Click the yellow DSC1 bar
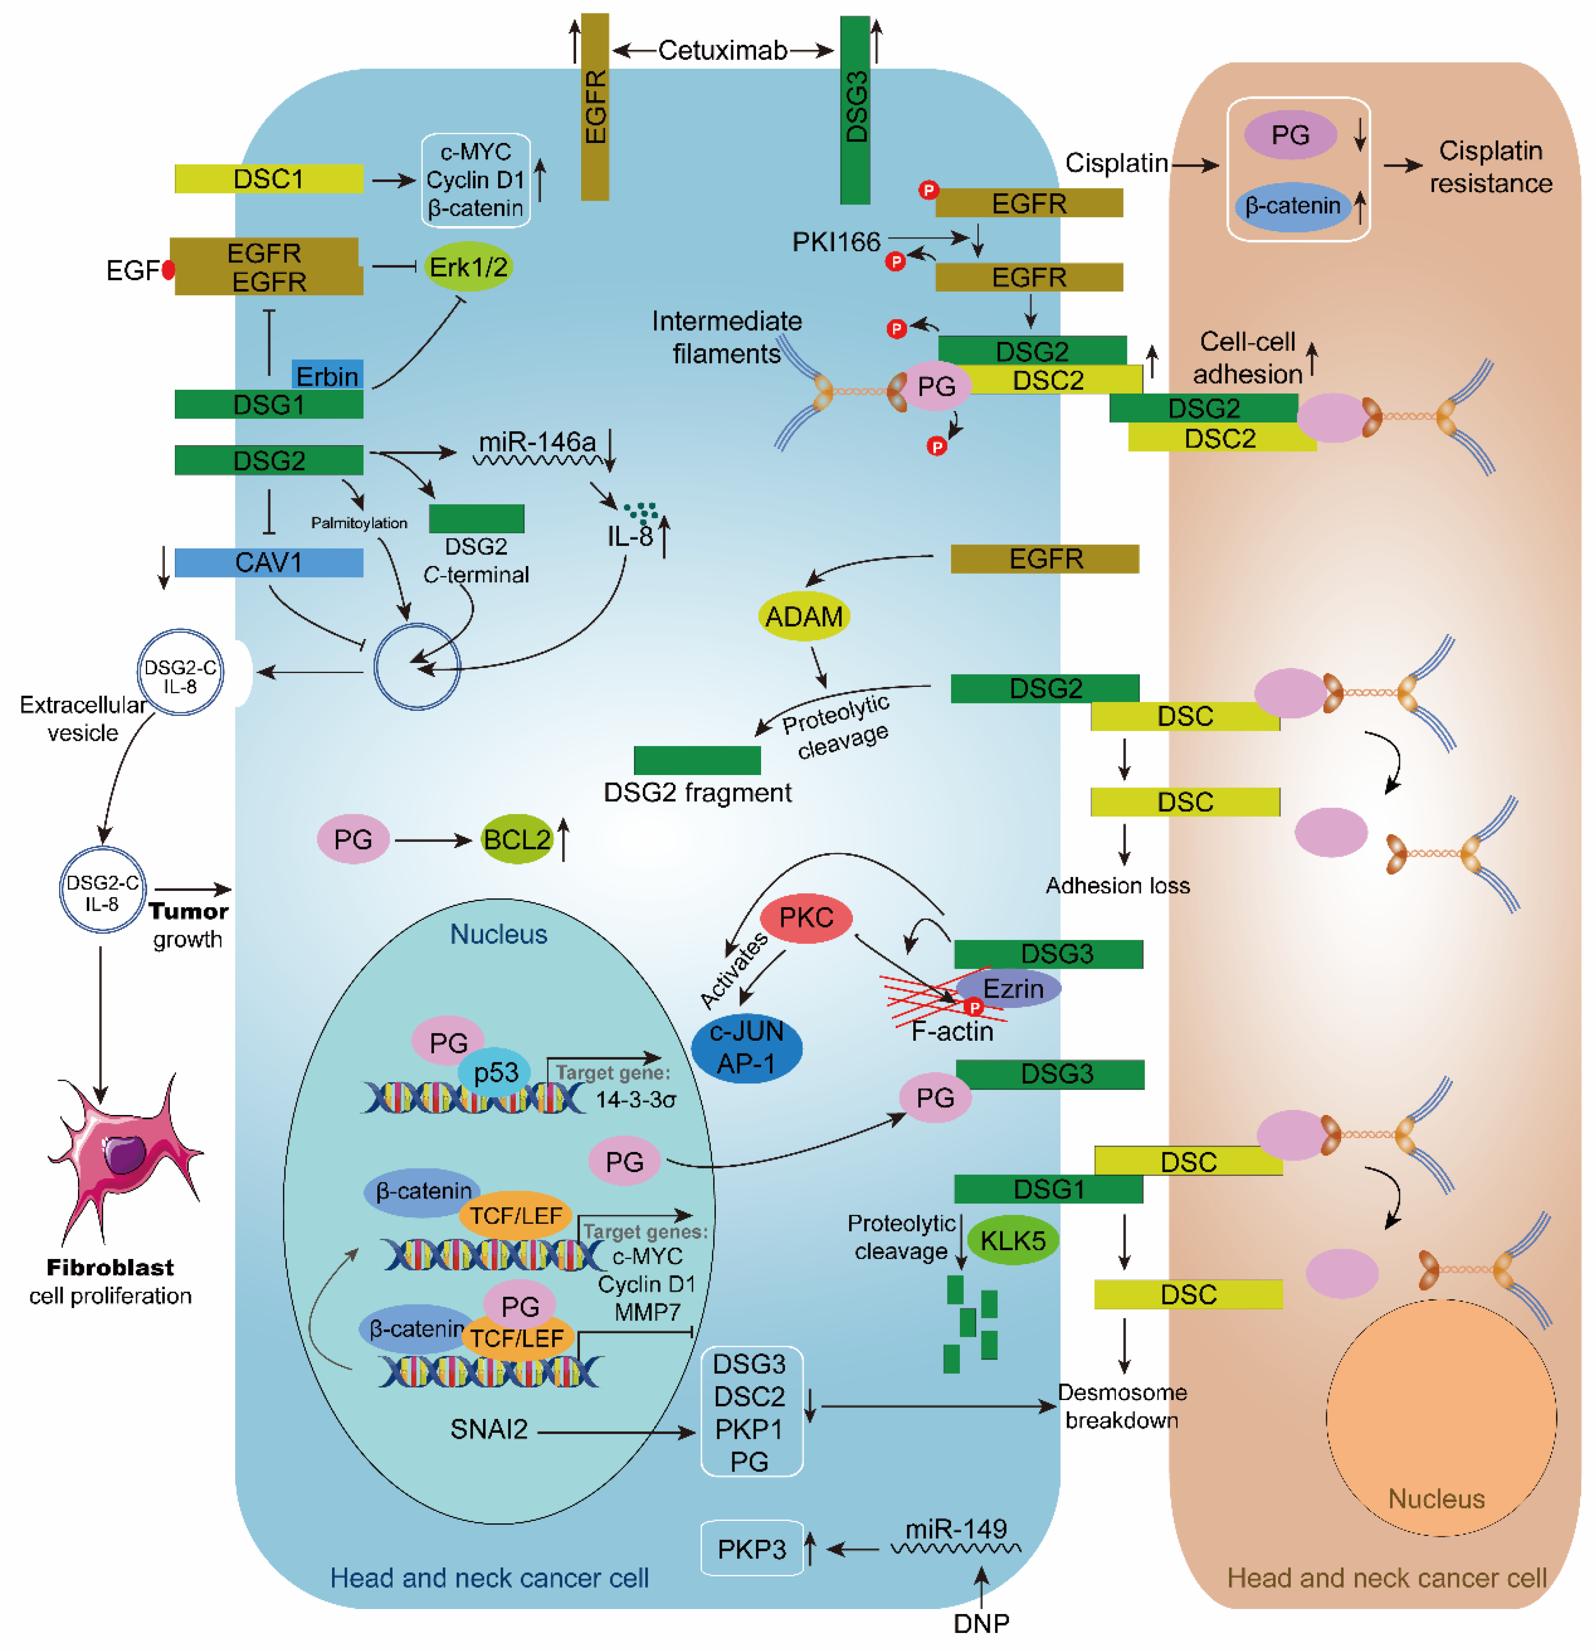268,179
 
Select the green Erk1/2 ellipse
468,267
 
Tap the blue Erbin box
328,375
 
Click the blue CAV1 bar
268,562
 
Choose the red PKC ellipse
805,918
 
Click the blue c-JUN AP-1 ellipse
746,1047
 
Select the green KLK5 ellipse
1012,1240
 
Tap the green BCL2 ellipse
516,839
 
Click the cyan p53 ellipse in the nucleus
495,1073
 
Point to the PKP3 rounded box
751,1548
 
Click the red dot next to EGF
168,269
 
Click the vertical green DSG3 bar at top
855,109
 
